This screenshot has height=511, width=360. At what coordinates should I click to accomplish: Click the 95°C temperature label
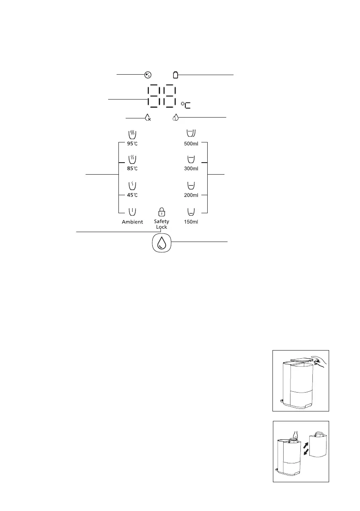[132, 143]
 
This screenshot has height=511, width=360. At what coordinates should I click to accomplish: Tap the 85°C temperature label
[132, 169]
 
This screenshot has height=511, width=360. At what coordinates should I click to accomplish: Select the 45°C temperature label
[132, 195]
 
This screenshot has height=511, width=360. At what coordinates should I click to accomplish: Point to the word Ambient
[132, 222]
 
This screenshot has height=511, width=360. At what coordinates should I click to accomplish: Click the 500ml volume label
[191, 143]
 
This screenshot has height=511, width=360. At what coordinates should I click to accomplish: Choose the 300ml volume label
[191, 169]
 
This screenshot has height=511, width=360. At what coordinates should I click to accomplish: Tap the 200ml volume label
[191, 195]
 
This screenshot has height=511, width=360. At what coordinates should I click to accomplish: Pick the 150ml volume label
[191, 222]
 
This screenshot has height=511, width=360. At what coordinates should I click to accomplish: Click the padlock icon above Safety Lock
[161, 212]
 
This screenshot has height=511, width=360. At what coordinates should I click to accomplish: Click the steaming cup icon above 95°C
[132, 134]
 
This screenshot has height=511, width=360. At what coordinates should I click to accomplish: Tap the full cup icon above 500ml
[191, 133]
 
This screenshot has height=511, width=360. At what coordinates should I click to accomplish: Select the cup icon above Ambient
[132, 212]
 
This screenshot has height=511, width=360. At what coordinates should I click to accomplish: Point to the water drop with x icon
[148, 117]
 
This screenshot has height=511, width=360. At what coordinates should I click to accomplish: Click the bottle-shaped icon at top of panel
[175, 75]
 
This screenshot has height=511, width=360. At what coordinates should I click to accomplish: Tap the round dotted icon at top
[148, 75]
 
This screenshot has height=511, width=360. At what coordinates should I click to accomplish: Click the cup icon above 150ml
[191, 212]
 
